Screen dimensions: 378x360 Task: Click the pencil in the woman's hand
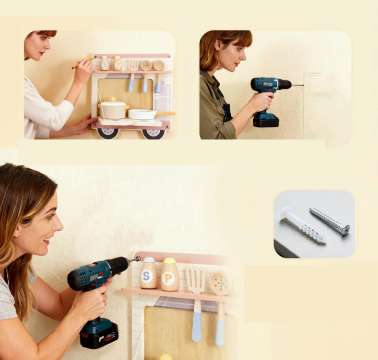[83, 63]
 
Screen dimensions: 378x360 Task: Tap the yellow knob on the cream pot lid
[113, 99]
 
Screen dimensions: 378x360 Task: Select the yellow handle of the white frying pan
[165, 113]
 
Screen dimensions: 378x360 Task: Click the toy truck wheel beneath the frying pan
[153, 133]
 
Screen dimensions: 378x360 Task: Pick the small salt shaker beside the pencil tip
[105, 63]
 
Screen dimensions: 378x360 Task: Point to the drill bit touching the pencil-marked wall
[297, 85]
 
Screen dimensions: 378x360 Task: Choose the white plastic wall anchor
[303, 224]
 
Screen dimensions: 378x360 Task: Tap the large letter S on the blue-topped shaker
[146, 276]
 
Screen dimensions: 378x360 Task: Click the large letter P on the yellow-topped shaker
[168, 278]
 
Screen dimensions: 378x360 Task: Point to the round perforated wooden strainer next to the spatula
[219, 284]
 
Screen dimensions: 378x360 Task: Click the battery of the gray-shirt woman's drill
[99, 333]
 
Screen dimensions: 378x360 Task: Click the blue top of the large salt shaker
[149, 259]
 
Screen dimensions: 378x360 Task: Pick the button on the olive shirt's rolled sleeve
[218, 126]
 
